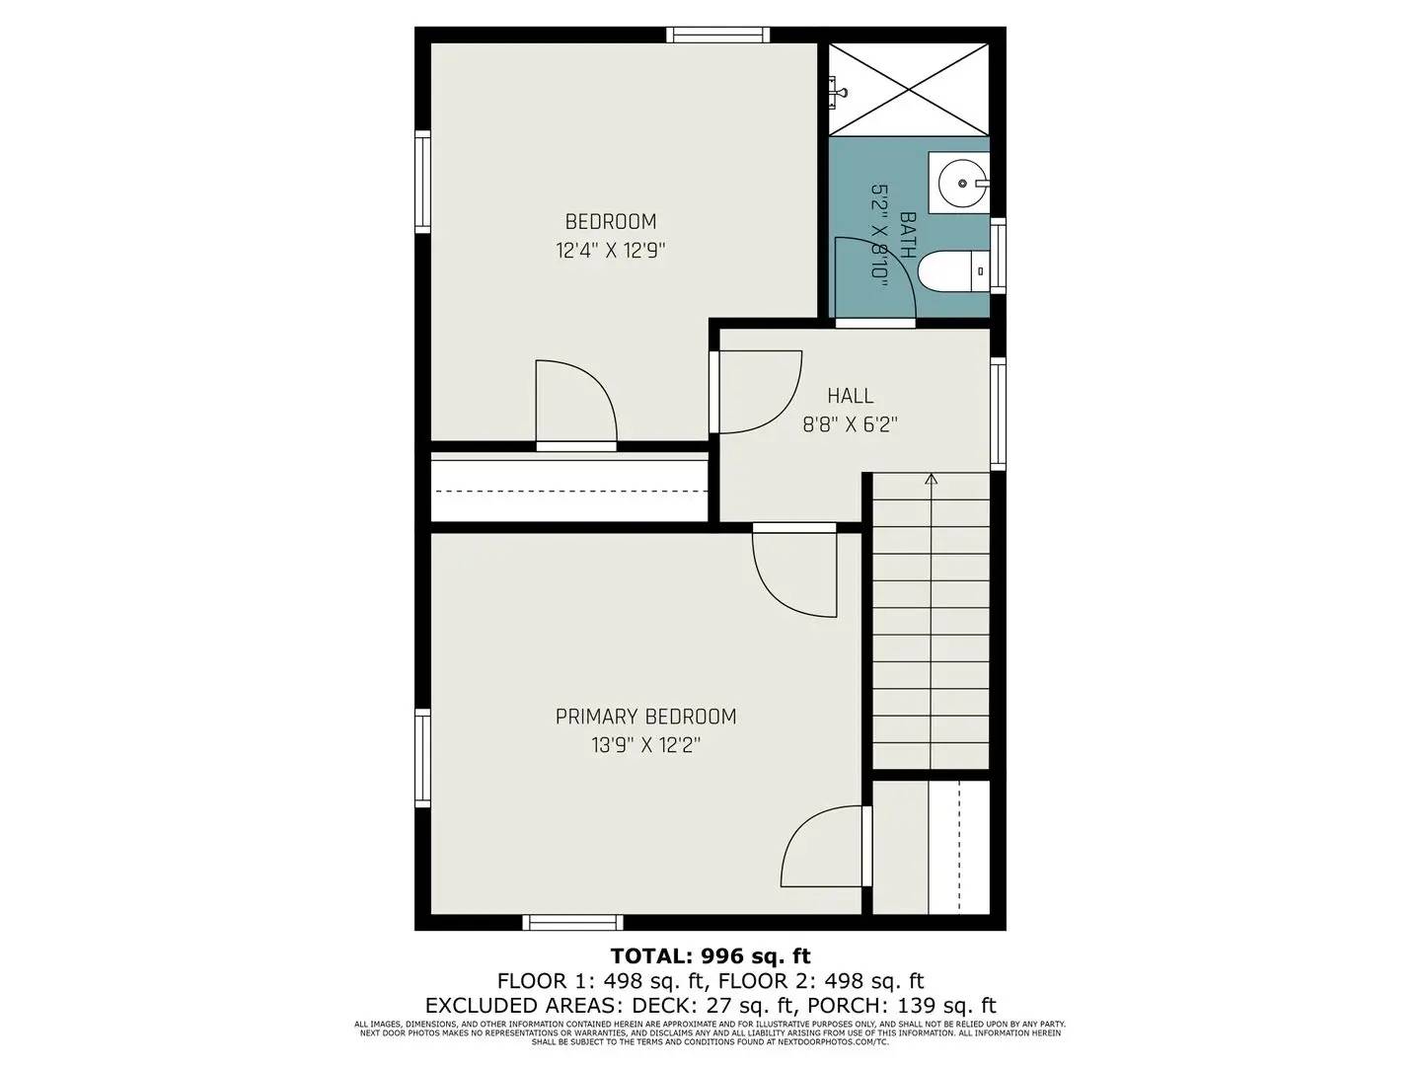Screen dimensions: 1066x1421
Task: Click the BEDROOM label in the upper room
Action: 610,221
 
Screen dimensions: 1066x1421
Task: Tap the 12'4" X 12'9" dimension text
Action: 610,251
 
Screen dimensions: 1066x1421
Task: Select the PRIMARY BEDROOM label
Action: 645,717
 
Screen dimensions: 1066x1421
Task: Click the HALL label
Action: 850,396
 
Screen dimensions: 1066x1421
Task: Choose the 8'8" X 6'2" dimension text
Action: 850,425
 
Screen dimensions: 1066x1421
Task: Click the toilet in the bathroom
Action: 951,269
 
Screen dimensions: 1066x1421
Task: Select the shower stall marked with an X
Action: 908,88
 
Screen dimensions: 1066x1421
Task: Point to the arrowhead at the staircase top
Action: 931,480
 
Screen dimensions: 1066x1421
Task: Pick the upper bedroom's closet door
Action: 576,405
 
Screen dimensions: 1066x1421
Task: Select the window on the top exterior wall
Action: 717,36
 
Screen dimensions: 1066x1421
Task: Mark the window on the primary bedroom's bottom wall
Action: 572,923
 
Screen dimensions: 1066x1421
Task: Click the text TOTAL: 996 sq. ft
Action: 710,955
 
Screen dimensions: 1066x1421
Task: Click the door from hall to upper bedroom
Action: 755,392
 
